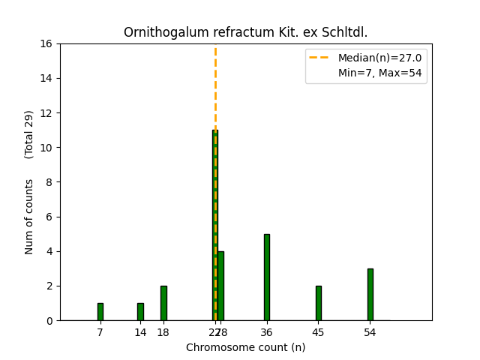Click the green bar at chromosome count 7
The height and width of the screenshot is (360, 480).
click(100, 311)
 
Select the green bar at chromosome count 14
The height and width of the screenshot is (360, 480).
click(140, 311)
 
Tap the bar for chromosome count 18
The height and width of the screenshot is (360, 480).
click(163, 303)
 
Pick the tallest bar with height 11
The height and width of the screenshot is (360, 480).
click(214, 225)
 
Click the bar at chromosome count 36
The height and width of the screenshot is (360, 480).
click(266, 277)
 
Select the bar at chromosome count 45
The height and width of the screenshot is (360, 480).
click(318, 303)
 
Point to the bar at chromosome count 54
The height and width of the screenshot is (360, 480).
click(370, 294)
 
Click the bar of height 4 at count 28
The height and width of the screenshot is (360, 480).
click(220, 286)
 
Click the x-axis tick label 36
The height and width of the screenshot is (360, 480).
click(266, 332)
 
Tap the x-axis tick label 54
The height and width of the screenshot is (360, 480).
click(370, 332)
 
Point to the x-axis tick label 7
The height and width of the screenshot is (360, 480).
click(100, 332)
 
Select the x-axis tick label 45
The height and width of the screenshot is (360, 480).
click(318, 332)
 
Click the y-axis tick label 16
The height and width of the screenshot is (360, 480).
click(46, 43)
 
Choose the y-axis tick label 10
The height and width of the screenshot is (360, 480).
click(46, 148)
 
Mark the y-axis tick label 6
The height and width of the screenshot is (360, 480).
click(49, 217)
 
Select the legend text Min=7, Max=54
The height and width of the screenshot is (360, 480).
click(379, 73)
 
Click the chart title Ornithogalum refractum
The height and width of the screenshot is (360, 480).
click(245, 32)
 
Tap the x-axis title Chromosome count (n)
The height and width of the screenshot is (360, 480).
click(245, 347)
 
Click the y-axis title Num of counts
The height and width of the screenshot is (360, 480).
click(29, 216)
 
